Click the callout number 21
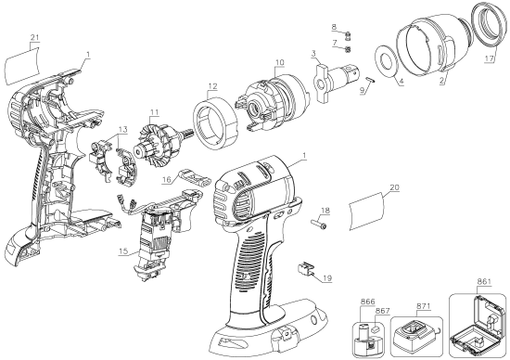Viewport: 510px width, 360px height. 34,36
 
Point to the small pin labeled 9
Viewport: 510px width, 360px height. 368,80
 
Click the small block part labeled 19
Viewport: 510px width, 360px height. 302,270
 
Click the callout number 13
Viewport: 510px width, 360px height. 122,129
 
